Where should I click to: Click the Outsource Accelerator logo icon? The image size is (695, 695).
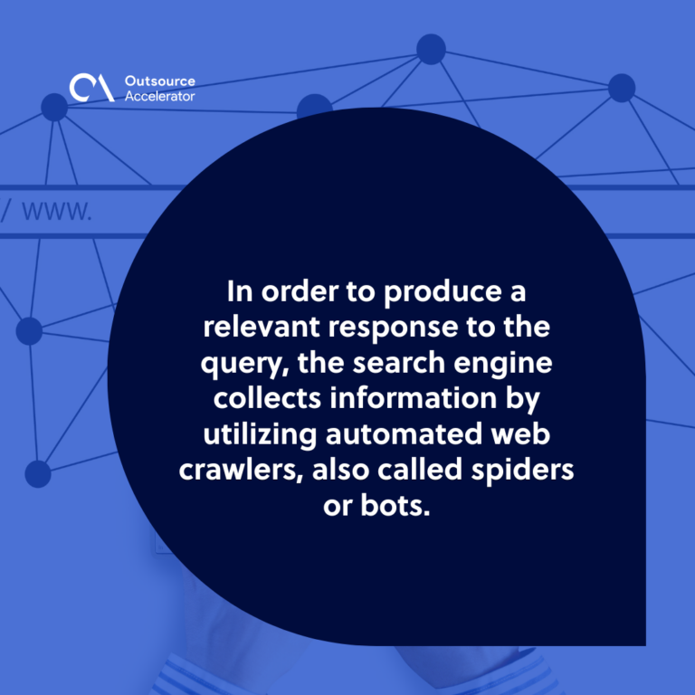[91, 87]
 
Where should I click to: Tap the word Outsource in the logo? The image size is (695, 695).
[160, 81]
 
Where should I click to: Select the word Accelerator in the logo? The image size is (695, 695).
[159, 96]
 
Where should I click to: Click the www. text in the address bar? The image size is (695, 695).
[57, 211]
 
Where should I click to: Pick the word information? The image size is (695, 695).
[413, 398]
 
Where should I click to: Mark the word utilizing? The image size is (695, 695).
[261, 434]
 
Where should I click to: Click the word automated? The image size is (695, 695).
[404, 434]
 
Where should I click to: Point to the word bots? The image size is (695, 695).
[395, 505]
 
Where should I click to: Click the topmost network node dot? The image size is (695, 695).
[431, 49]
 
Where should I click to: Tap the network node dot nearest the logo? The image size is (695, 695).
[54, 107]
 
